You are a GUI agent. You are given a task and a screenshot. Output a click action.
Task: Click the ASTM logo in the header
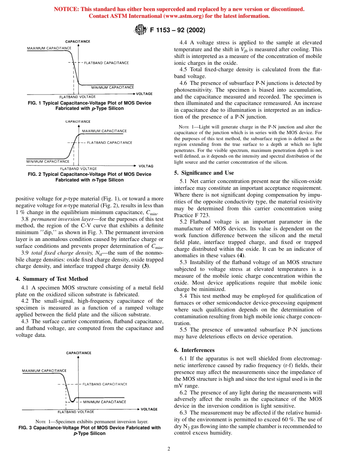pos(141,30)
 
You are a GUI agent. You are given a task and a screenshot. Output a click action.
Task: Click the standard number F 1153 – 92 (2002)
pos(178,30)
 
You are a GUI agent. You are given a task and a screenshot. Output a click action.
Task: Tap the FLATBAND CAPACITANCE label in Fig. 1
pos(106,63)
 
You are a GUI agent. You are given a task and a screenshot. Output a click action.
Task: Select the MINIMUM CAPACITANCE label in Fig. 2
pos(48,161)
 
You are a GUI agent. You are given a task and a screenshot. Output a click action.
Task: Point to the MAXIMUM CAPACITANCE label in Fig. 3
pos(44,371)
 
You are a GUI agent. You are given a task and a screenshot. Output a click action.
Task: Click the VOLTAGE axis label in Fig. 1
pos(144,94)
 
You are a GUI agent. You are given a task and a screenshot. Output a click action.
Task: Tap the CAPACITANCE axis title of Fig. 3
pos(79,353)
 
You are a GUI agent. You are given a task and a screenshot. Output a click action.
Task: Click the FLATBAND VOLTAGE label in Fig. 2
pos(78,169)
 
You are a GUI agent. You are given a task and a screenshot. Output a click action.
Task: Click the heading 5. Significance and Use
pos(204,173)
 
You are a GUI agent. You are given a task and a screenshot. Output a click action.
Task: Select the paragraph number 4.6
pos(184,83)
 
